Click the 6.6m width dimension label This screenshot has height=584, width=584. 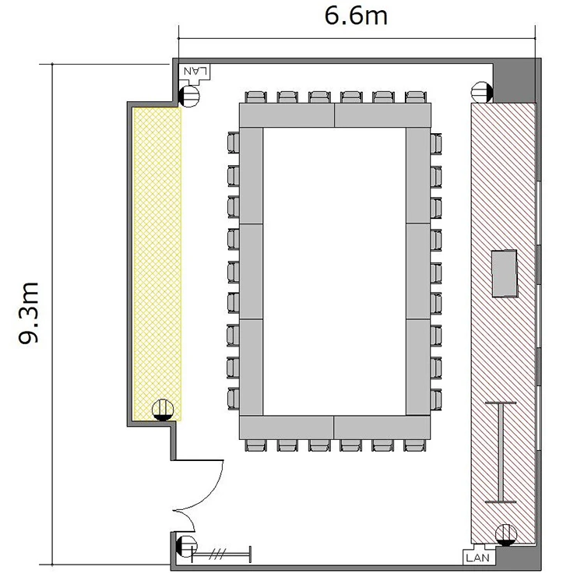tap(356, 16)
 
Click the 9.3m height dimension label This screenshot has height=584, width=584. tap(29, 313)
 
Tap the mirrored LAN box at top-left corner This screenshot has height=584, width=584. tap(196, 71)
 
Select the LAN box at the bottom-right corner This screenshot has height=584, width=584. tap(479, 558)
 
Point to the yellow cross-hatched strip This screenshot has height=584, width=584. tap(157, 264)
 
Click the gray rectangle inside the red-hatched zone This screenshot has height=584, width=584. tap(505, 273)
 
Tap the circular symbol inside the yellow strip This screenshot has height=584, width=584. tap(163, 410)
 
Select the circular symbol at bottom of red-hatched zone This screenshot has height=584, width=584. tap(506, 535)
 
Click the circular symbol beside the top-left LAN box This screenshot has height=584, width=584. tap(189, 96)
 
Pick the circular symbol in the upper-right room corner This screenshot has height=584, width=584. tap(482, 92)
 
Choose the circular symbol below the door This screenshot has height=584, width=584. tap(186, 547)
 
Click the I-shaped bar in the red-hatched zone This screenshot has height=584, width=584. tap(501, 452)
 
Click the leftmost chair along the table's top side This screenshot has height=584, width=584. tap(256, 97)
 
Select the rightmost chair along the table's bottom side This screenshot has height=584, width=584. tap(415, 445)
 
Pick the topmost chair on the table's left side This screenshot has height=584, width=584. tap(234, 142)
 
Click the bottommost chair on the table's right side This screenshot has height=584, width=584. tap(436, 399)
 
